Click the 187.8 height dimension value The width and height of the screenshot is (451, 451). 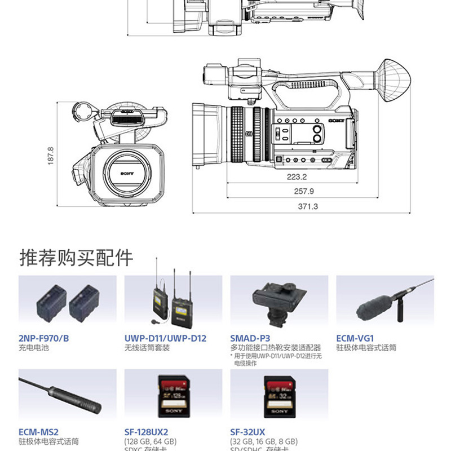[50, 156]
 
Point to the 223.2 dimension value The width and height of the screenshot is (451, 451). [296, 176]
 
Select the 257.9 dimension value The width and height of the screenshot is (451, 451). [304, 191]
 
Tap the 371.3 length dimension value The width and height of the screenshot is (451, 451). [308, 206]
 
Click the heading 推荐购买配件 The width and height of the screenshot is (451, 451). [77, 257]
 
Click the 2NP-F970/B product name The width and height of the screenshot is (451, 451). [43, 338]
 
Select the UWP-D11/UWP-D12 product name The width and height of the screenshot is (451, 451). [165, 338]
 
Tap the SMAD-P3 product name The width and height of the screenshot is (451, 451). [250, 338]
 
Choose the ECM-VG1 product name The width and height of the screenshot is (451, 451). [355, 338]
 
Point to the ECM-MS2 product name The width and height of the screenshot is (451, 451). [38, 431]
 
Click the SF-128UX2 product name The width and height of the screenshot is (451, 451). [146, 431]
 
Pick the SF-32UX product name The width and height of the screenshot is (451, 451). [249, 431]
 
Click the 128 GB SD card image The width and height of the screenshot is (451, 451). [173, 397]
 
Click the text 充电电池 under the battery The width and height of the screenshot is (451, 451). [34, 348]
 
